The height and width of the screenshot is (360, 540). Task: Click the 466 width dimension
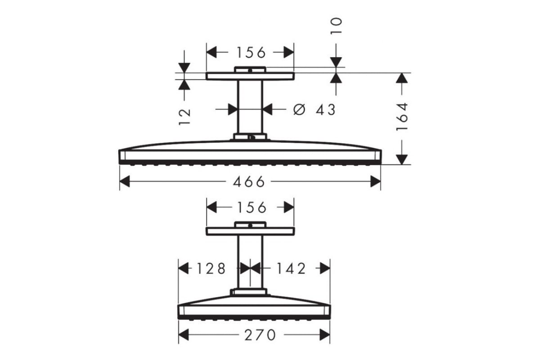tap(249, 181)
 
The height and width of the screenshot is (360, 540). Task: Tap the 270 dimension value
tap(260, 335)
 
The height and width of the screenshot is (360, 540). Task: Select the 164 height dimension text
tap(402, 117)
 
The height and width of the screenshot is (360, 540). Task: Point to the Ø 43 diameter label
tap(315, 109)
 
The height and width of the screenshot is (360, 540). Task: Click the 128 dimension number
tap(211, 268)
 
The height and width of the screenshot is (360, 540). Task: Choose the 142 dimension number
tap(291, 268)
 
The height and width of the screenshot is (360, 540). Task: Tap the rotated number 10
tap(336, 26)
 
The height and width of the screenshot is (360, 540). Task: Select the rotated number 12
tap(184, 117)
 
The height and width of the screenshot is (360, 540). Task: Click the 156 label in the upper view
tap(251, 53)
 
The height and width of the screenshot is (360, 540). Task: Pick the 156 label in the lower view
tap(252, 207)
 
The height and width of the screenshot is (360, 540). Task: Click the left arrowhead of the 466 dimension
tap(125, 181)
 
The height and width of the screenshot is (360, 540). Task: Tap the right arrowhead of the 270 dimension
tap(325, 335)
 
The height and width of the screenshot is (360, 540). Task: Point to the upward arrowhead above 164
tap(401, 78)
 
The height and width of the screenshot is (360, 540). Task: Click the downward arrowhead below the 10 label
tap(336, 62)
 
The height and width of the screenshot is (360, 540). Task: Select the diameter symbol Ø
tap(299, 109)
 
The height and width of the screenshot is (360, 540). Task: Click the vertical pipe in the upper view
tap(250, 107)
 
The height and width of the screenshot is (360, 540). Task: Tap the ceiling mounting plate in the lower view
tap(250, 231)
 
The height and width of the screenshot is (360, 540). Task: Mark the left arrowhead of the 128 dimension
tap(184, 268)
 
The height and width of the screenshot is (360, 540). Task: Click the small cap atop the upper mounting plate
tap(250, 69)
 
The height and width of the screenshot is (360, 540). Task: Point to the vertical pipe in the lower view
tap(250, 262)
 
